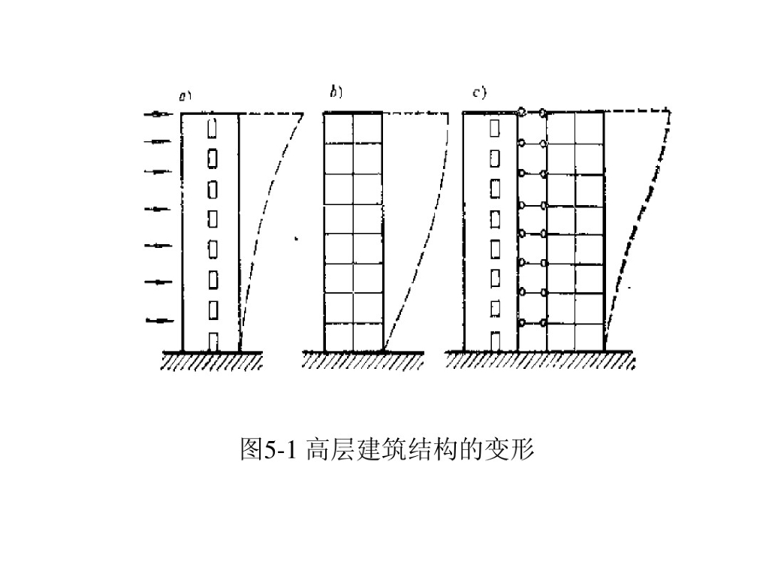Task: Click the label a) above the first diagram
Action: click(184, 96)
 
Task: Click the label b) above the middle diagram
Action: click(336, 92)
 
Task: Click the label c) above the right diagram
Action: click(479, 93)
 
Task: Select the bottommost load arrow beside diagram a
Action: click(159, 321)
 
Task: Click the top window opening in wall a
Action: click(212, 128)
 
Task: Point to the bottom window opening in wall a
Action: click(213, 342)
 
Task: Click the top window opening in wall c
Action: click(493, 128)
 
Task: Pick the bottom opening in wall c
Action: click(493, 341)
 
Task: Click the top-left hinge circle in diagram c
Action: click(521, 113)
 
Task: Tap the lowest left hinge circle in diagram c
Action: click(521, 322)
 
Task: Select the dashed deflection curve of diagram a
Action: click(259, 225)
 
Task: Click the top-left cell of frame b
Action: click(339, 128)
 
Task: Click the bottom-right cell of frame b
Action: click(368, 337)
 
